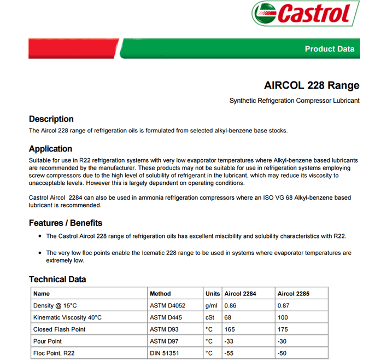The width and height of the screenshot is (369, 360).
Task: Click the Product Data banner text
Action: point(329,49)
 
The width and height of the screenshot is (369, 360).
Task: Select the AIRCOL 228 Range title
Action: point(312,85)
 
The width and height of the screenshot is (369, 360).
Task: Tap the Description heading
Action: point(51,119)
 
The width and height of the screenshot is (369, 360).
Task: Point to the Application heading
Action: point(50,149)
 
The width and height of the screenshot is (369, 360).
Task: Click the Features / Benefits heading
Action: point(66,223)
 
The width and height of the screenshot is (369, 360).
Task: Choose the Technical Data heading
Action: point(57,279)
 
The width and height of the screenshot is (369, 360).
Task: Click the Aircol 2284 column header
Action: point(240,294)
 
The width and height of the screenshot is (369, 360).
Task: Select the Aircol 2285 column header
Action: point(294,294)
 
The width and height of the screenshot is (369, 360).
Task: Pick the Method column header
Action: point(160,294)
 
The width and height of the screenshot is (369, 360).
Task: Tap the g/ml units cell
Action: point(212,306)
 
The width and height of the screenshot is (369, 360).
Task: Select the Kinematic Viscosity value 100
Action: point(283,318)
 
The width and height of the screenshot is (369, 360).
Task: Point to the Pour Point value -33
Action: point(230,341)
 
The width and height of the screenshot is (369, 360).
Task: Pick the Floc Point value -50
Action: point(283,353)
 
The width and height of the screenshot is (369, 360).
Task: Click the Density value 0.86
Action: point(231,306)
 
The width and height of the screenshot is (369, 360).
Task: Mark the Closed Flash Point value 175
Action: point(283,329)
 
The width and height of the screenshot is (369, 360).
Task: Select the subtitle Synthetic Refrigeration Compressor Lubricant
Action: point(294,101)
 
